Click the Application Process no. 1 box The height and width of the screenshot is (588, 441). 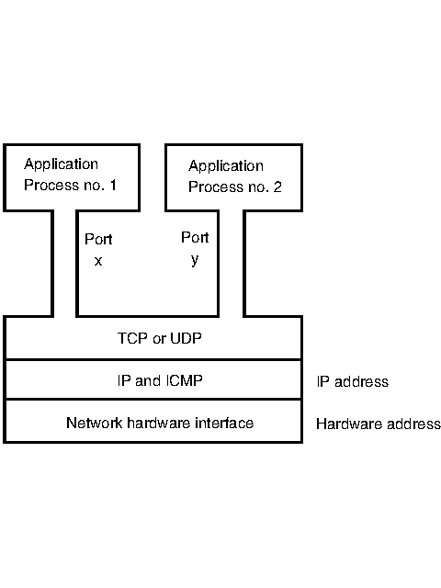coord(72,176)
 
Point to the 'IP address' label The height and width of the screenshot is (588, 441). coord(352,381)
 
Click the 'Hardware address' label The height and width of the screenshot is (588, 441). coord(378,424)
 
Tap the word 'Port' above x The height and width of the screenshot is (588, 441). coord(98,239)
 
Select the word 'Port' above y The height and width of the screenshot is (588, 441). coord(195,237)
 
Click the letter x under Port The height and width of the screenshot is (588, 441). coord(98,260)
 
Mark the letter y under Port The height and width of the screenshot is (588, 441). coord(194,259)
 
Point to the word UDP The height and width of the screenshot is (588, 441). coord(186,338)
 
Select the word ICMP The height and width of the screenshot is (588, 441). coord(184,380)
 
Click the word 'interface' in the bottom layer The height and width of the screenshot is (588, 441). coord(226,423)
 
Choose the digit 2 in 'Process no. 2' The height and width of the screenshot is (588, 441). coord(277,187)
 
